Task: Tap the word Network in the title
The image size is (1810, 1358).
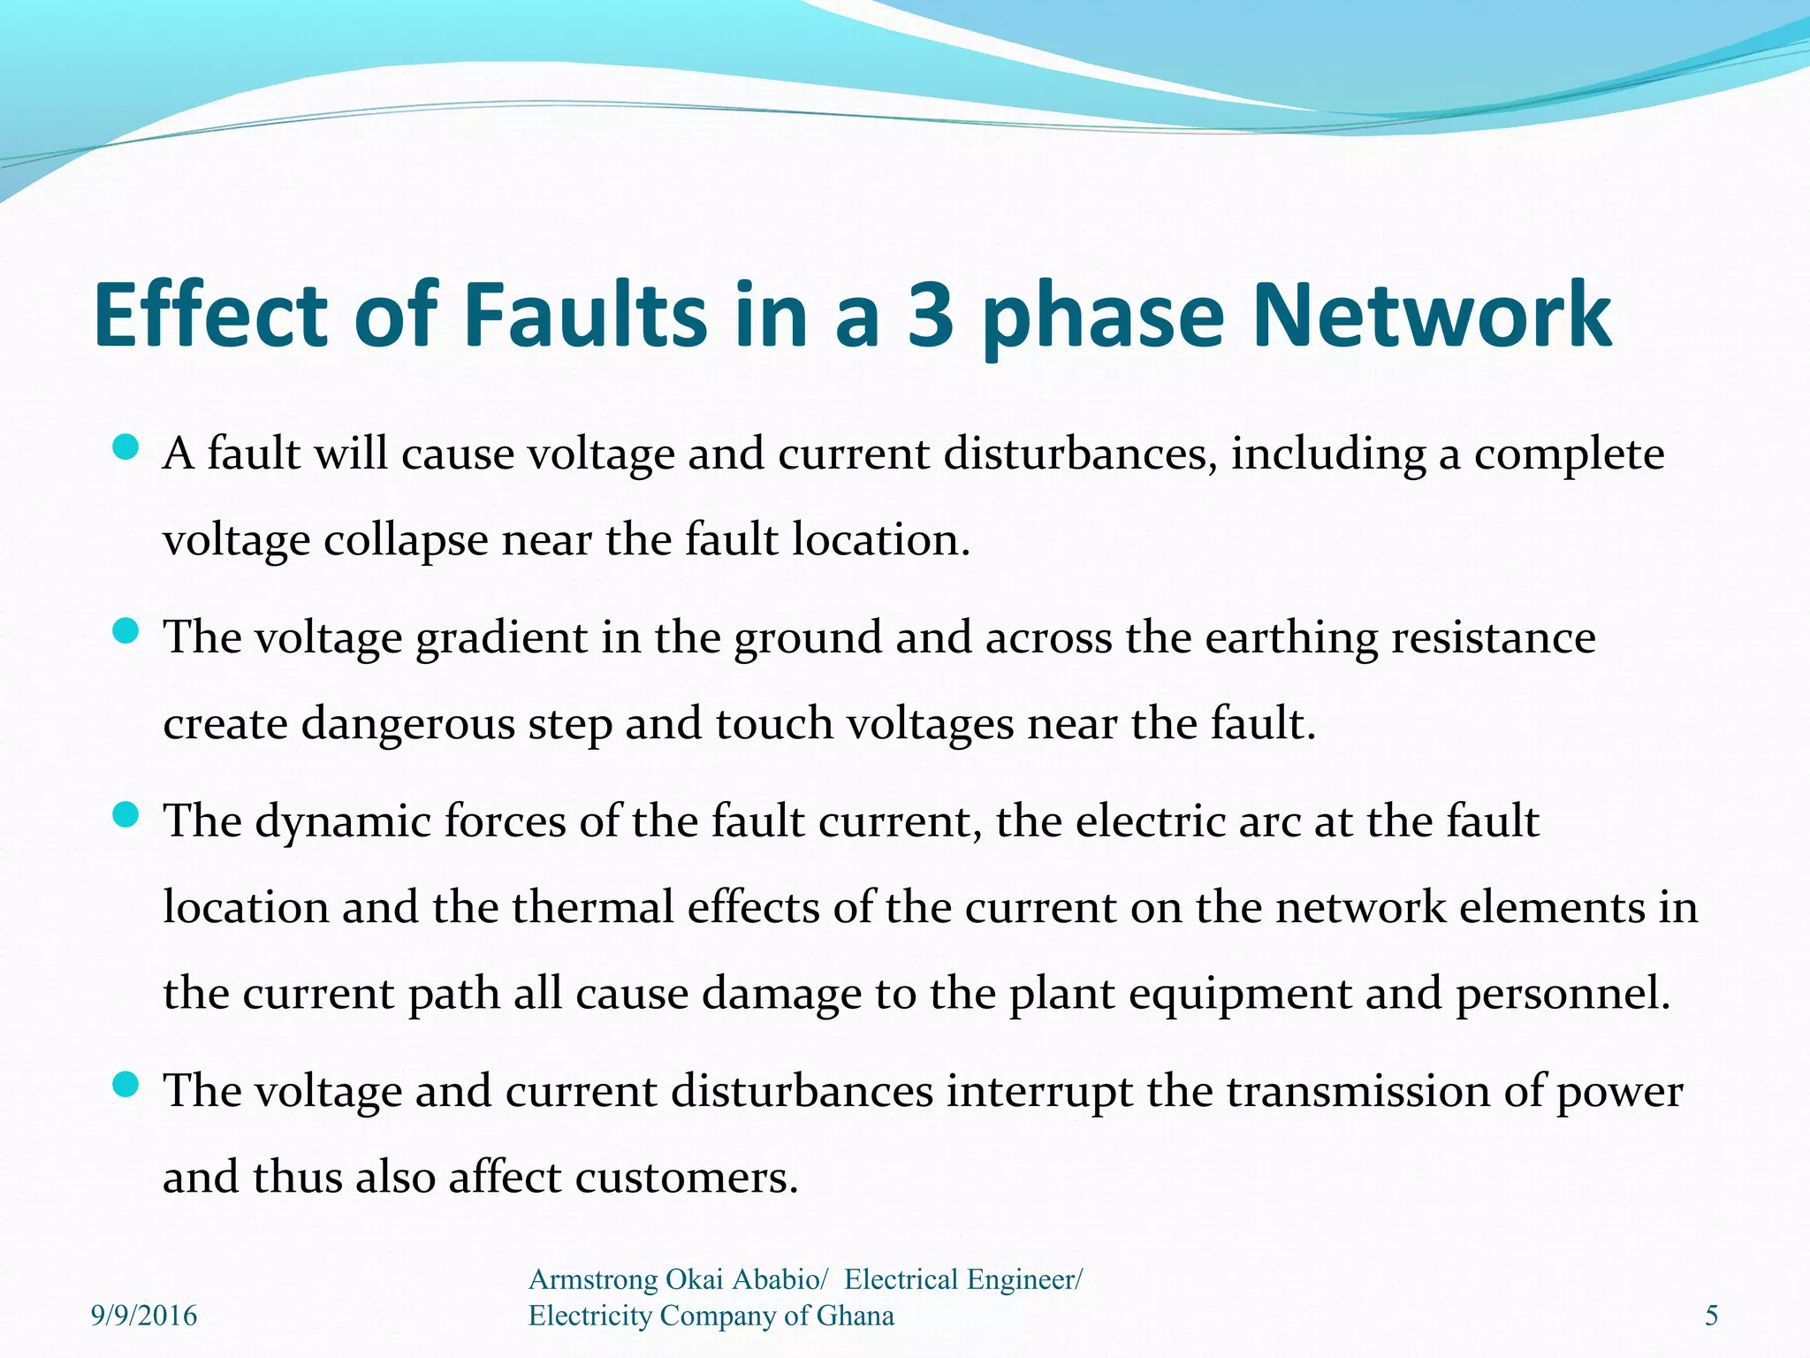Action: pos(1432,315)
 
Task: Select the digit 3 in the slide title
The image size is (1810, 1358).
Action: pos(931,315)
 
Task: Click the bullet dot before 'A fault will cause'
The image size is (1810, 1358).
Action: pos(126,447)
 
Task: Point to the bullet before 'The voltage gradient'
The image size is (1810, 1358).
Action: pos(126,631)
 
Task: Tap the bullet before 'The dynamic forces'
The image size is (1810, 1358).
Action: pos(126,815)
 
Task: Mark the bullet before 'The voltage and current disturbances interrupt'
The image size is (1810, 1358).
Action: pos(126,1085)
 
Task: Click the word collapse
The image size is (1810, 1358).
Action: pos(406,541)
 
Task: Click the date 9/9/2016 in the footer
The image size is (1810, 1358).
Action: pos(144,1316)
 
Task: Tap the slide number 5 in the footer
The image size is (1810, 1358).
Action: pos(1711,1316)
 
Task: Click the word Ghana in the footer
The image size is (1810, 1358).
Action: pos(855,1316)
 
